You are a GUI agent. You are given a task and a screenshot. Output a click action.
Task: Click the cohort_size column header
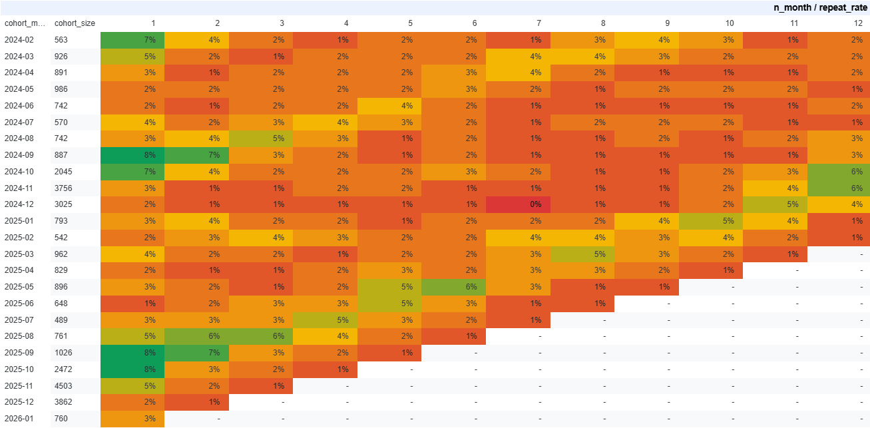(75, 23)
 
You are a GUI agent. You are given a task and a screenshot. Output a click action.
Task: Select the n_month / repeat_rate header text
(820, 7)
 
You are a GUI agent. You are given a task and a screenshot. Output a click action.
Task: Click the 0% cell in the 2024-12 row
(519, 204)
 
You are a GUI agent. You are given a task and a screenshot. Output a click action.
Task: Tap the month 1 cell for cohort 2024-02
(132, 40)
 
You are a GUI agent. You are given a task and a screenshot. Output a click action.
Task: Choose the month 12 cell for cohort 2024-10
(839, 172)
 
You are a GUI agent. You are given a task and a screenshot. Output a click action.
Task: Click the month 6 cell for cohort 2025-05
(454, 287)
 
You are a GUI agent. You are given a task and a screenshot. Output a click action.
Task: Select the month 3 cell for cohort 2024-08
(261, 138)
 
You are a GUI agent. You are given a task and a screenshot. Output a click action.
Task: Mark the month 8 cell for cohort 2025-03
(583, 254)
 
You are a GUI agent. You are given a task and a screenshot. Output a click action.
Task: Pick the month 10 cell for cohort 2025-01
(712, 221)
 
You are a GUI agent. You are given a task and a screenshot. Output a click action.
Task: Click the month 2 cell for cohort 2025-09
(197, 353)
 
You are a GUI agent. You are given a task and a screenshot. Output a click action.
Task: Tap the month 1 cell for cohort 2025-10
(132, 369)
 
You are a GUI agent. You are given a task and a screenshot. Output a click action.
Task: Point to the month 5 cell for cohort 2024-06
(389, 106)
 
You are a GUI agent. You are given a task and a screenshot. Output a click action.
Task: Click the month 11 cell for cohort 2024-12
(776, 204)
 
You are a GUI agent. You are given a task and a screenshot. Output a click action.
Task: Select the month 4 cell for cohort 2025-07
(326, 320)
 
